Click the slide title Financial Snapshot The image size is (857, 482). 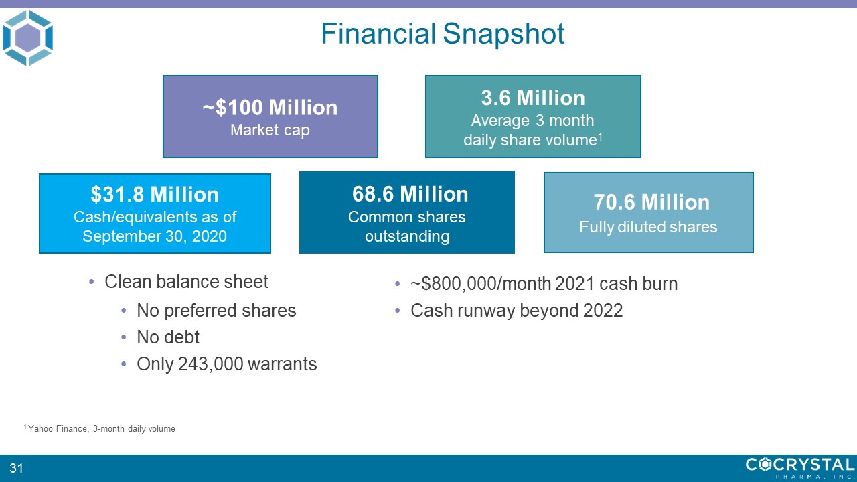point(443,33)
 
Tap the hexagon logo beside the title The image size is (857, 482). point(27,37)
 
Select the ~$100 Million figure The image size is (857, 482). point(270,107)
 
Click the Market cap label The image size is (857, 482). point(270,130)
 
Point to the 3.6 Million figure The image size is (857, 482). point(533,98)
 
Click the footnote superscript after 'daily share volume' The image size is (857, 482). point(600,136)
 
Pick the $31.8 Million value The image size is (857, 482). point(155,194)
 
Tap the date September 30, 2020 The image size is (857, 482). point(155,236)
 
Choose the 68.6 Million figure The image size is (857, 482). point(410,194)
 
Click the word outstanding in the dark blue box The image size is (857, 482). point(407,236)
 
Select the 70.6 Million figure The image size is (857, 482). point(651,202)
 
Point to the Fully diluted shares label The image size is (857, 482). point(648,227)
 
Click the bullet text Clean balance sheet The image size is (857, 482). point(186,282)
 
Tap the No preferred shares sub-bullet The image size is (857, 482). point(216,310)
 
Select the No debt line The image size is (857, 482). point(168,337)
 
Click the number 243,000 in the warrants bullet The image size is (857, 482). point(210,364)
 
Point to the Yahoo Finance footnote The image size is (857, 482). point(100,429)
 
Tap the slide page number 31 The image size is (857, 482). point(16,468)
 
